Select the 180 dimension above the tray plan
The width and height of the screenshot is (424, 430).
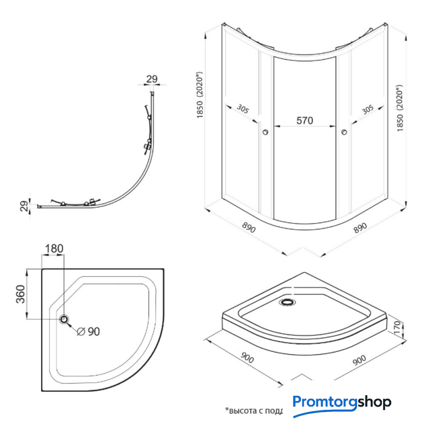pyautogui.click(x=54, y=249)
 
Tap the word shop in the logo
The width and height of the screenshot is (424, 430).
pyautogui.click(x=372, y=403)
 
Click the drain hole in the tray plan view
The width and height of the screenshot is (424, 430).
pyautogui.click(x=65, y=320)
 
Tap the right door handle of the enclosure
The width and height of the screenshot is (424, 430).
pyautogui.click(x=345, y=133)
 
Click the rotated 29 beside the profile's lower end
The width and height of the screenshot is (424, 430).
pyautogui.click(x=24, y=206)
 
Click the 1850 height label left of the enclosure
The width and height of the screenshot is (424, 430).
pyautogui.click(x=200, y=96)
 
